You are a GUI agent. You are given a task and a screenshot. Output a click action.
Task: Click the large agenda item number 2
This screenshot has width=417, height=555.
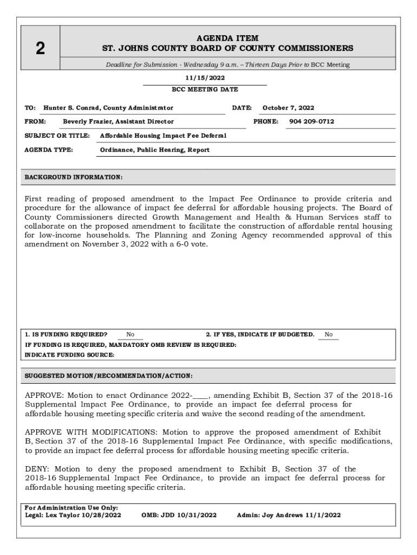click(40, 49)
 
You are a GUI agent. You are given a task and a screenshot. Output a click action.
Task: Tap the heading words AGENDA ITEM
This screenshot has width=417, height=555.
click(227, 38)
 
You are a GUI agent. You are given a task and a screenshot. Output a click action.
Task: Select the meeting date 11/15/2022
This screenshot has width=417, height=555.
click(205, 78)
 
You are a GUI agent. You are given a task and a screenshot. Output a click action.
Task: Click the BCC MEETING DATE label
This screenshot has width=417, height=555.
click(205, 89)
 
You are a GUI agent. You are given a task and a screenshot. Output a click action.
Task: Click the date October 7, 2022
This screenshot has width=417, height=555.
click(288, 108)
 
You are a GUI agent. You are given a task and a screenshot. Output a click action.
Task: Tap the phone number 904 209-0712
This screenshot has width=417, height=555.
click(311, 121)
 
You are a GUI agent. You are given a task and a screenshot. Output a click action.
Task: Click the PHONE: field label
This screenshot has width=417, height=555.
click(266, 121)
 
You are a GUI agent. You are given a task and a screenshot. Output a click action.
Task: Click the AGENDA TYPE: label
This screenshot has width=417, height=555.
click(49, 150)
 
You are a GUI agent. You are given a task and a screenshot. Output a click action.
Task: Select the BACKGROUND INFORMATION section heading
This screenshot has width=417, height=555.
click(74, 177)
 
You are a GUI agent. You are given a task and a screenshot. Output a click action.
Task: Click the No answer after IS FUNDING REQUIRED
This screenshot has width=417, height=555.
click(131, 334)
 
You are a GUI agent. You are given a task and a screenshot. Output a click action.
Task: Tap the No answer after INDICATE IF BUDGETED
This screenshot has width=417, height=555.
click(329, 334)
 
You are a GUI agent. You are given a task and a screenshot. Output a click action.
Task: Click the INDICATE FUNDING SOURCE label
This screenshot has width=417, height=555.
click(70, 354)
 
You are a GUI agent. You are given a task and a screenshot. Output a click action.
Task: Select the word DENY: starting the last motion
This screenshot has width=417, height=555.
click(37, 469)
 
